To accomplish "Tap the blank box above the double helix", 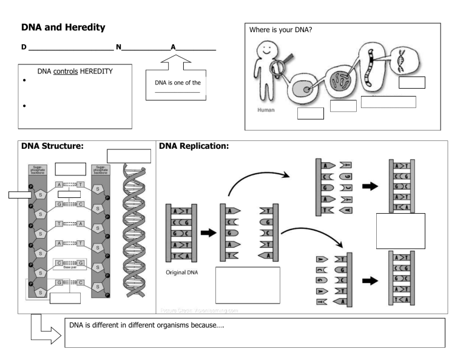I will point(129,156).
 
